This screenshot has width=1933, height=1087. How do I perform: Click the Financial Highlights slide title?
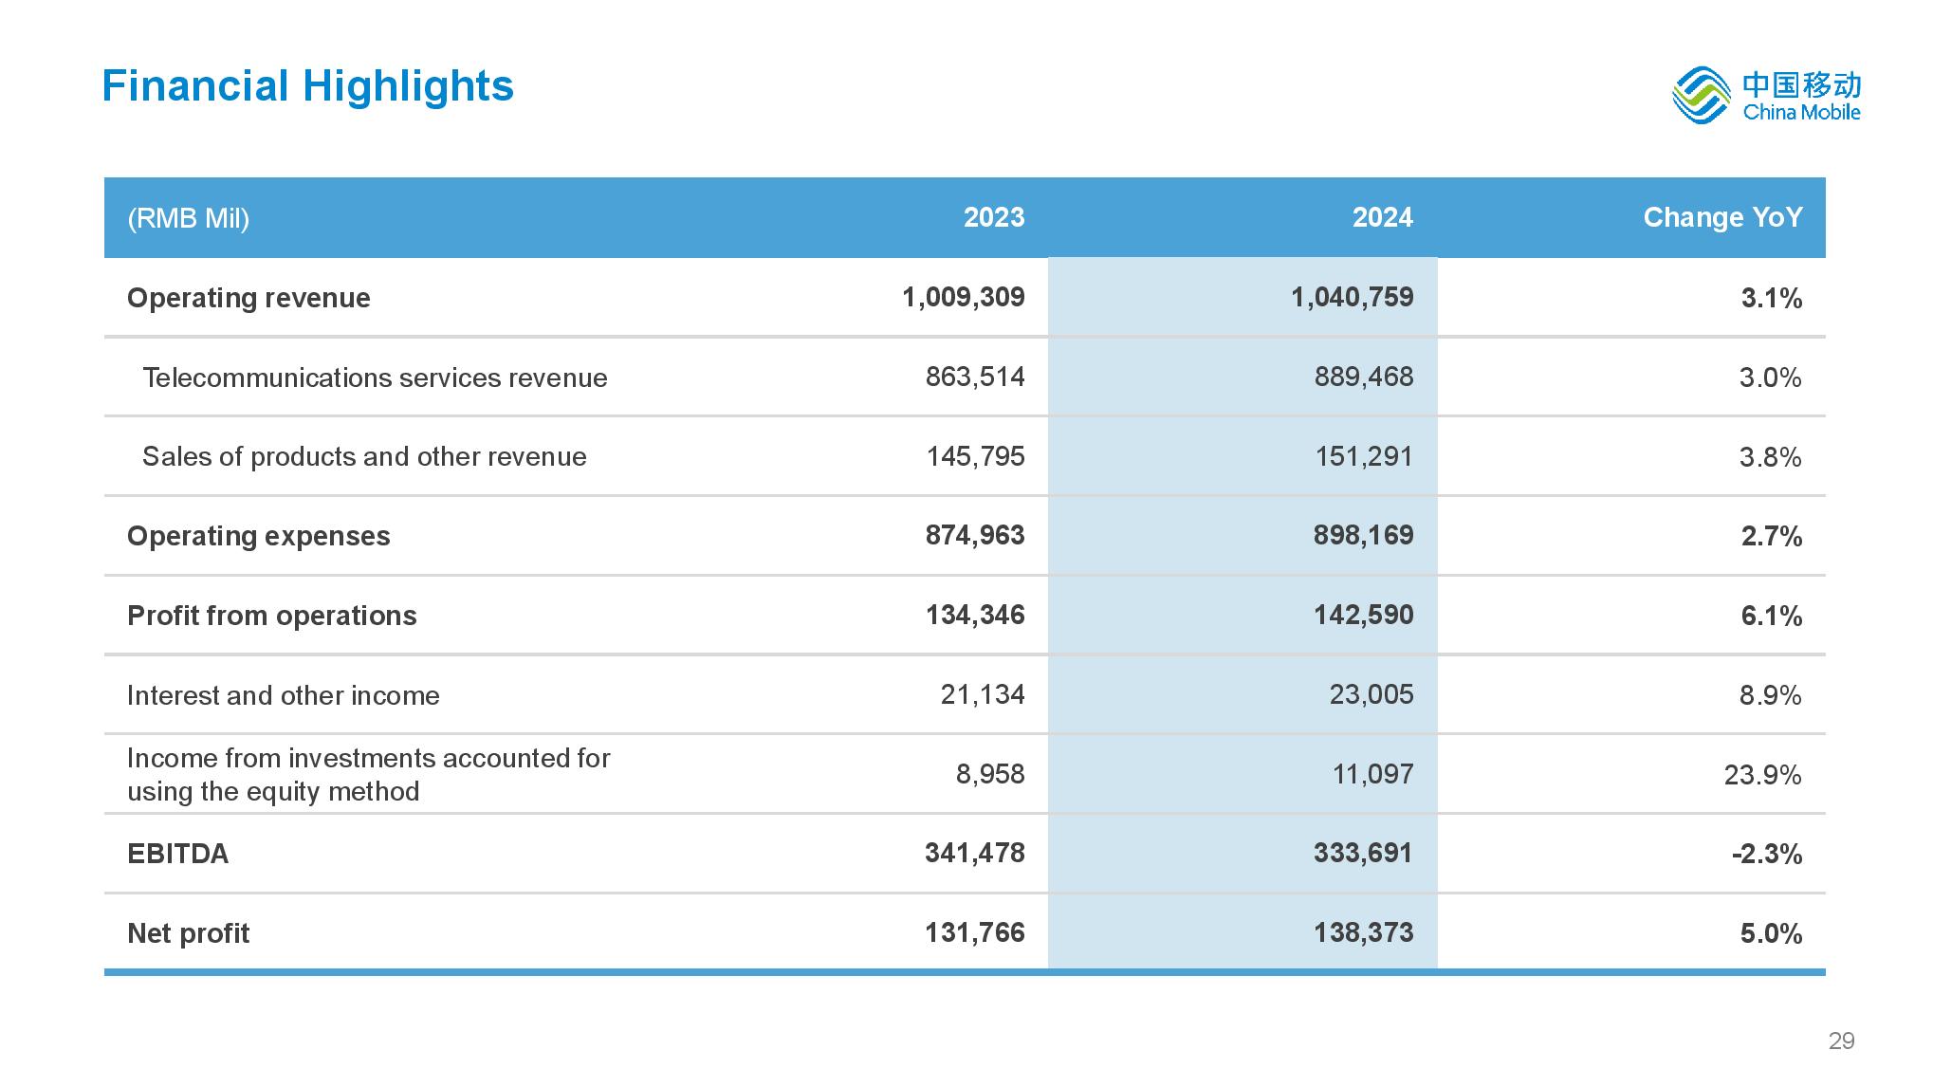point(307,86)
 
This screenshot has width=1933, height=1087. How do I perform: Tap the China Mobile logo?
point(1765,95)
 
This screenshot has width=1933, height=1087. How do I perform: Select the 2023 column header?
point(994,217)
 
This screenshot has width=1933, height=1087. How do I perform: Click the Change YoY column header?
point(1722,217)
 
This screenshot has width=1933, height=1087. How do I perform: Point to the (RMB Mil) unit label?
point(188,219)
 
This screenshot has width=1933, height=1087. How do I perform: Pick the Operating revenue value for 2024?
point(1352,298)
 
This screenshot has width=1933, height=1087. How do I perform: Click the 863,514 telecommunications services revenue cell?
point(975,378)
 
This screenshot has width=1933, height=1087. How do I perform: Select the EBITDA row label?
point(177,854)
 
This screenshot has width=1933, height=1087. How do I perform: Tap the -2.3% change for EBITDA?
point(1766,854)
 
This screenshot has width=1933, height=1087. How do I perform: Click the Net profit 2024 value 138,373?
point(1363,932)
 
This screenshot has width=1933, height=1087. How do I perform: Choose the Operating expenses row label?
point(258,537)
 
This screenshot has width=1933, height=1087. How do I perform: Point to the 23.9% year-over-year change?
point(1762,775)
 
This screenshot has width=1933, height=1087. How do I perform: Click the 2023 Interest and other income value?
point(983,695)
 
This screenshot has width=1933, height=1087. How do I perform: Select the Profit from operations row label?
point(271,617)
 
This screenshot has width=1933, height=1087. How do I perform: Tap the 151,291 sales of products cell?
point(1364,457)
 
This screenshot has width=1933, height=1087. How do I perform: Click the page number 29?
point(1841,1041)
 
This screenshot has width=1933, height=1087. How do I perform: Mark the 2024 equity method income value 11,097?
point(1372,775)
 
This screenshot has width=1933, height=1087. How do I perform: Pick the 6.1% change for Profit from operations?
point(1771,617)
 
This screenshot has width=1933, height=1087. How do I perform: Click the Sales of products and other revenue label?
point(364,457)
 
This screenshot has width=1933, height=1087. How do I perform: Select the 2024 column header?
point(1382,217)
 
